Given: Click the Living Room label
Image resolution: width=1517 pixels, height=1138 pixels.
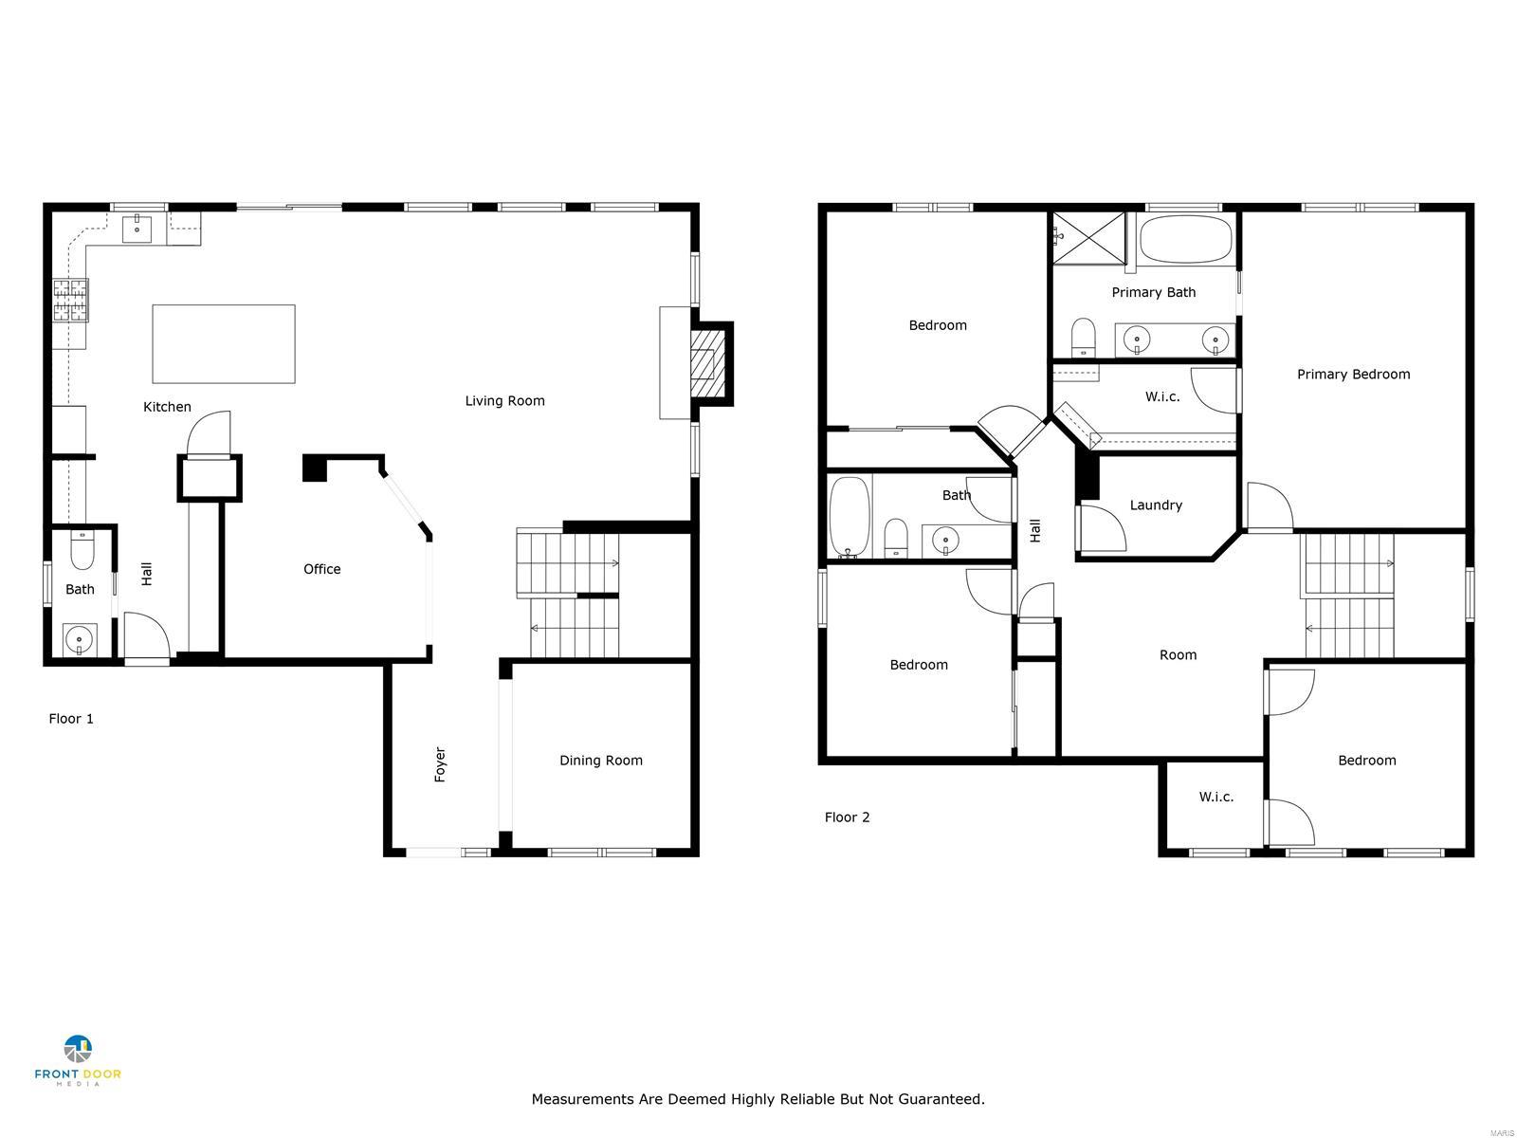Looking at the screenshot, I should pyautogui.click(x=504, y=401).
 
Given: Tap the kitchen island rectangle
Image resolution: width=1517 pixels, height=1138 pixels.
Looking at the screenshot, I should pyautogui.click(x=224, y=343).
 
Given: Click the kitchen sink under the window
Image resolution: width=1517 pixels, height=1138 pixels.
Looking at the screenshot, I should pyautogui.click(x=137, y=228).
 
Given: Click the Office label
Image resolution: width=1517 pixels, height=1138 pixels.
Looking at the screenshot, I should pyautogui.click(x=321, y=569).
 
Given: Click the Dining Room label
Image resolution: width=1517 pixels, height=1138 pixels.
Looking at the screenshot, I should pyautogui.click(x=600, y=761).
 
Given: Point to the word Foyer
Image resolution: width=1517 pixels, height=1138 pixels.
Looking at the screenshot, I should pyautogui.click(x=440, y=764).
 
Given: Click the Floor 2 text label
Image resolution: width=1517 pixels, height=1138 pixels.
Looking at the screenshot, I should pyautogui.click(x=847, y=817).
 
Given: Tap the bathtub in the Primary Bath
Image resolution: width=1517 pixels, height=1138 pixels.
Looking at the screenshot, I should pyautogui.click(x=1186, y=239).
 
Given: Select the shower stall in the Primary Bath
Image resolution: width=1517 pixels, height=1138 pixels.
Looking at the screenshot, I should pyautogui.click(x=1088, y=237).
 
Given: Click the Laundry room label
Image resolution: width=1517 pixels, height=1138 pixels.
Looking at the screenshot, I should pyautogui.click(x=1156, y=505).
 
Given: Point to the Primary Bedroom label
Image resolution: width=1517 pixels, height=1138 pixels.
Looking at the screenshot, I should pyautogui.click(x=1353, y=375).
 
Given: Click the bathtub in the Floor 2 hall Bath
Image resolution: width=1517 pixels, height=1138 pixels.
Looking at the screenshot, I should pyautogui.click(x=850, y=517).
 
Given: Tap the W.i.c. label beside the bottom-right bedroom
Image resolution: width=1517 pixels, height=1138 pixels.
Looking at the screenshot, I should pyautogui.click(x=1215, y=797).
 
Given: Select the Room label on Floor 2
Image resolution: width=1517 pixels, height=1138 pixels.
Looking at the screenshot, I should pyautogui.click(x=1178, y=655).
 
